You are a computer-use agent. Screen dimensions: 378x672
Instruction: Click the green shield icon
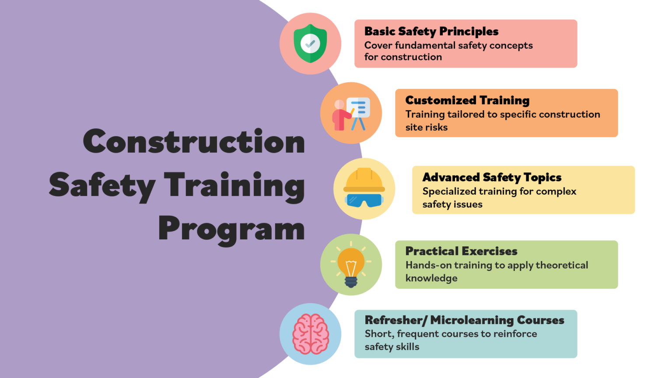pos(310,43)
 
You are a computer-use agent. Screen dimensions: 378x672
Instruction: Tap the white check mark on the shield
pos(310,43)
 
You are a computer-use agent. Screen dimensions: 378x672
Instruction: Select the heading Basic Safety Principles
pos(431,31)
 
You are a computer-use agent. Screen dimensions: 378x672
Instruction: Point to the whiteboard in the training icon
pos(358,107)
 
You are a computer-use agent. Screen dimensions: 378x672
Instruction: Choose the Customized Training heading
pos(467,100)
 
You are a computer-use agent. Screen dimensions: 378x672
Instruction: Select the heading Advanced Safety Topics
pos(492,177)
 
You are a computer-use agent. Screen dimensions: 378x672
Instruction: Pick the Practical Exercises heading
pos(461,251)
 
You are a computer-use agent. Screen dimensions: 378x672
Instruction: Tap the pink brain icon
pos(310,334)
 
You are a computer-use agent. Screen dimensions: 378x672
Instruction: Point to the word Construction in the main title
pos(194,142)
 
